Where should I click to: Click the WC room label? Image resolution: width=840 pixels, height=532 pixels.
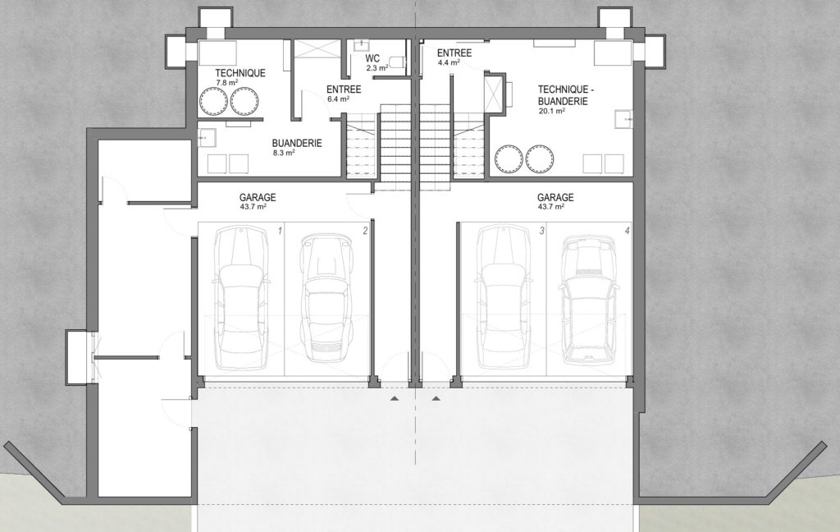pos(372,58)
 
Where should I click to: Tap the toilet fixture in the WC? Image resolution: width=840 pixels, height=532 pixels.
pos(396,62)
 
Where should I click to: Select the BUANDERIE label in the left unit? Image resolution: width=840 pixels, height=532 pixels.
pos(297,143)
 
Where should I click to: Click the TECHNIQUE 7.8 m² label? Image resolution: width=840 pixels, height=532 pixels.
pos(240,76)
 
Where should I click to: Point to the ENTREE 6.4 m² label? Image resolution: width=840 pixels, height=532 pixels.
pos(344,93)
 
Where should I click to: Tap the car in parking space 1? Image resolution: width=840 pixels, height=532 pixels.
pos(240,298)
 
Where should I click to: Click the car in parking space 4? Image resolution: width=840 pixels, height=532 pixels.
pos(589,298)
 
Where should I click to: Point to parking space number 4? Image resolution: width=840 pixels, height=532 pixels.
pos(628,232)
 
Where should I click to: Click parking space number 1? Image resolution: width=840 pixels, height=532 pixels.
pos(280,232)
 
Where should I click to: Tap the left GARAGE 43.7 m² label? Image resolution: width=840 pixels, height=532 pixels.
pos(257,201)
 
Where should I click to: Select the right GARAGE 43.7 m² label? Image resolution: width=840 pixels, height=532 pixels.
pos(555,201)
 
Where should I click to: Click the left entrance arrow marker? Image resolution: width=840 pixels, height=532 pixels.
pos(395,398)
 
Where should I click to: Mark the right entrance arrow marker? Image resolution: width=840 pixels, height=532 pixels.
pos(436,398)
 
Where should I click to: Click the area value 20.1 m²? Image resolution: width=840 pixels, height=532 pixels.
pos(552,111)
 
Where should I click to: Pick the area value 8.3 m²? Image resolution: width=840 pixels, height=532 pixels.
pos(284,153)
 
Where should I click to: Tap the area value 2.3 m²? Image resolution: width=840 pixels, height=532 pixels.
pos(377,68)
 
